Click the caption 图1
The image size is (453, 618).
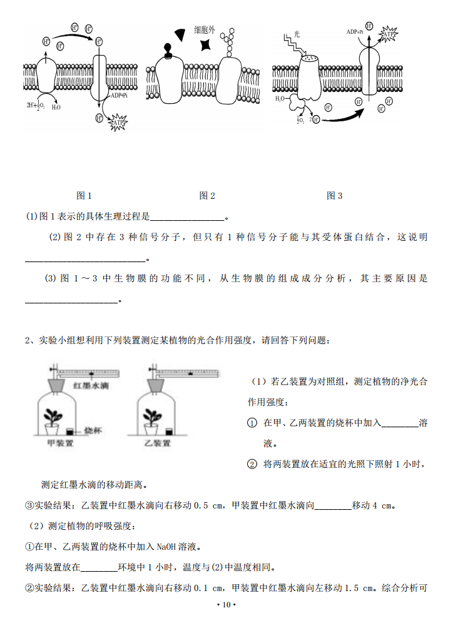click(84, 196)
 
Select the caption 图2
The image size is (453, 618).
click(207, 196)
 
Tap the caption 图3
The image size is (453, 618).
click(335, 196)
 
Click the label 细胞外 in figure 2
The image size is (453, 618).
click(205, 30)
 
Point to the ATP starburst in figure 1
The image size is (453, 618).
click(118, 124)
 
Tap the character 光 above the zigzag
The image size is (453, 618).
click(297, 34)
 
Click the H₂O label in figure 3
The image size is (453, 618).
click(280, 99)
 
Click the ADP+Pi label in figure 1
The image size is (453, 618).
click(119, 96)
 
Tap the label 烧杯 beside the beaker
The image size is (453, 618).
click(92, 430)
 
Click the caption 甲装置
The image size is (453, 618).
click(61, 443)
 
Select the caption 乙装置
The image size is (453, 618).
click(157, 443)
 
